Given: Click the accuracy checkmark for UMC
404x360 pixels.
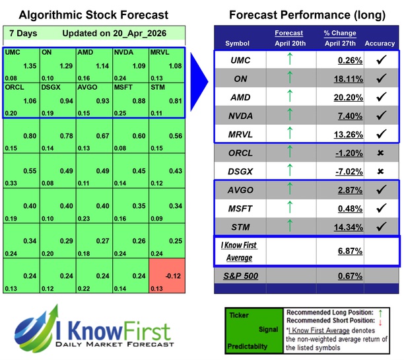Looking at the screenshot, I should click(x=379, y=59).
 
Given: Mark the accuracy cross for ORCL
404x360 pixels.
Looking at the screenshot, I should click(x=379, y=153).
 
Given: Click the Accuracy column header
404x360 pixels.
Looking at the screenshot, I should click(x=379, y=44).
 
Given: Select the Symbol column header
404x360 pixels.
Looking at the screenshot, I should click(x=238, y=44).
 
